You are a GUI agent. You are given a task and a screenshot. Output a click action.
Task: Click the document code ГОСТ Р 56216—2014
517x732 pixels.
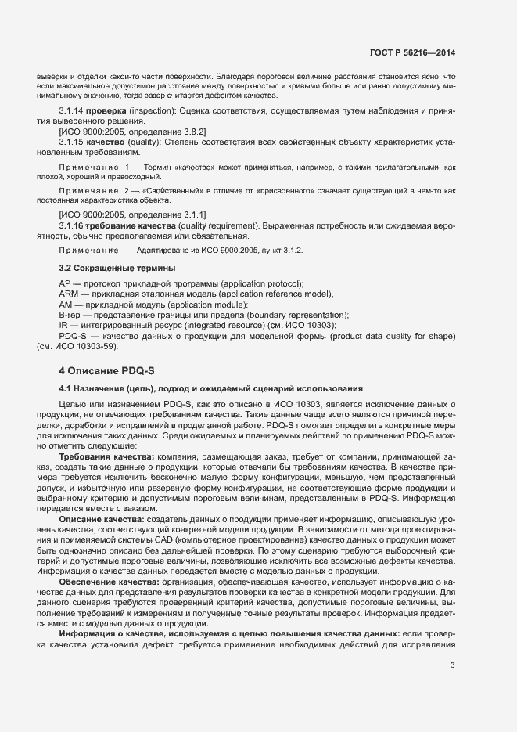(x=411, y=53)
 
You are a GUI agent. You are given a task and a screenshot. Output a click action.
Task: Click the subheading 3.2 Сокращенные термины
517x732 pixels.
(x=107, y=269)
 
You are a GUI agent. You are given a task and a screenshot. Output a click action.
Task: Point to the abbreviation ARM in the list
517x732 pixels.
(x=68, y=294)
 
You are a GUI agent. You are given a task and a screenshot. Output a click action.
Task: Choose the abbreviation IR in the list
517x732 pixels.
(x=63, y=325)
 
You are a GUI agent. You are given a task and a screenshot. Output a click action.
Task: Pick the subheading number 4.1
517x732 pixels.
(x=66, y=388)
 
